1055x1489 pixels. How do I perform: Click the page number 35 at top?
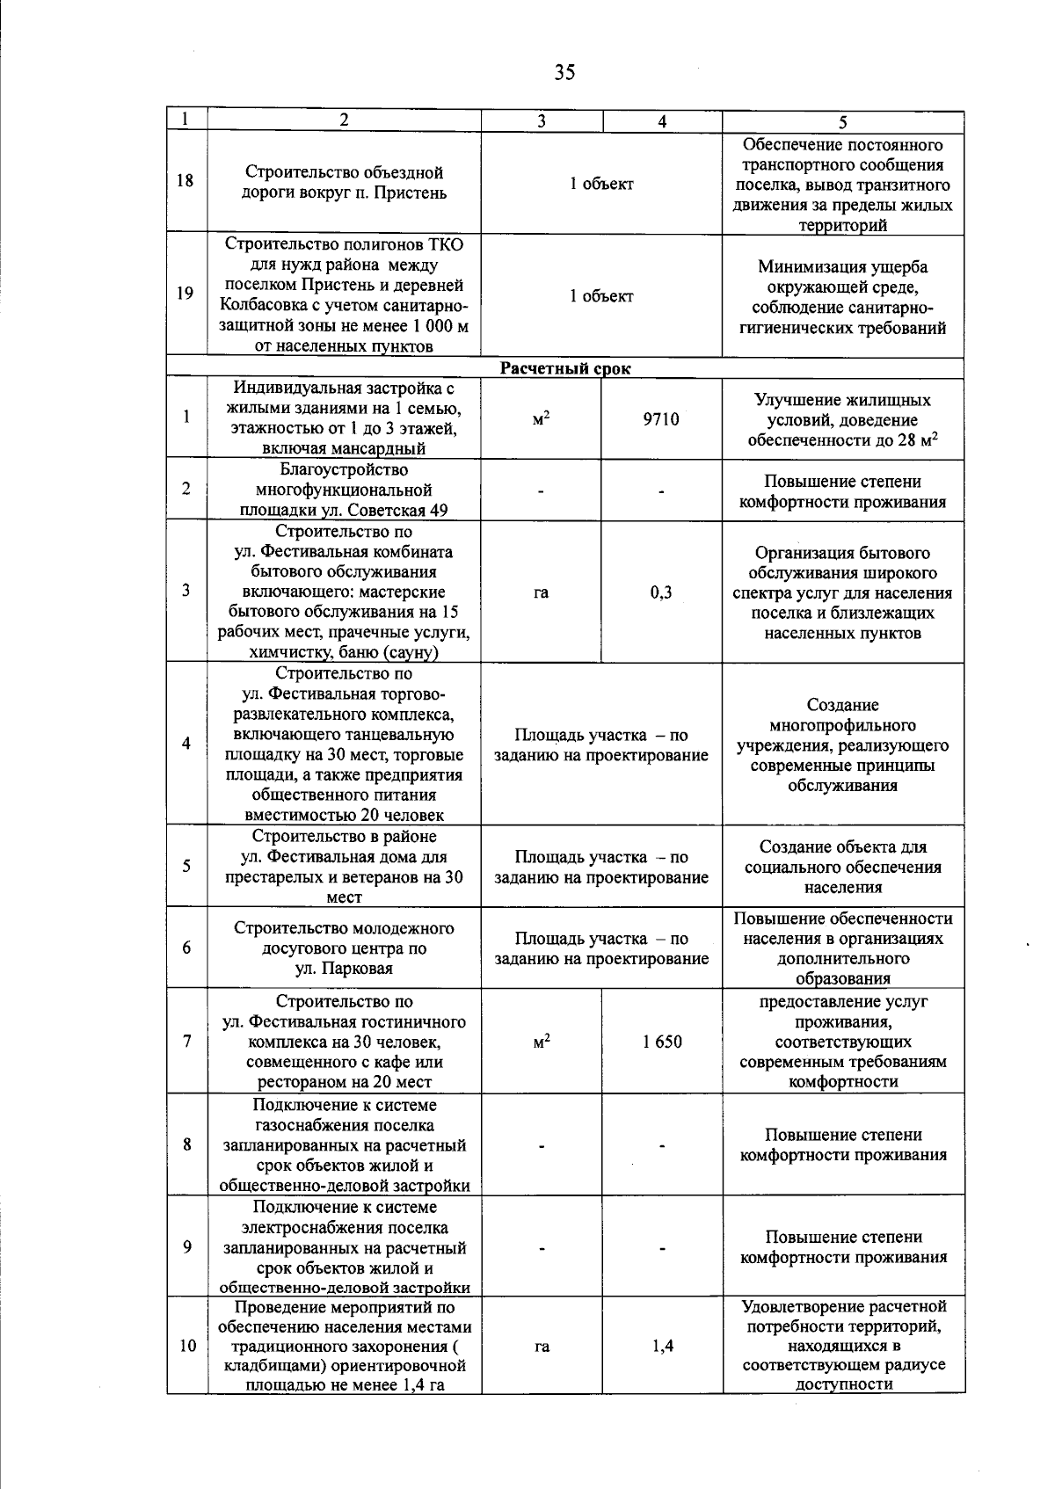(x=564, y=73)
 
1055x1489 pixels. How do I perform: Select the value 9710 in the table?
(x=661, y=419)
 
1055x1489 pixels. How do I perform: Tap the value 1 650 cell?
(x=661, y=1042)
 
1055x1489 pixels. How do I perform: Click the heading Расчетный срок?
(x=565, y=368)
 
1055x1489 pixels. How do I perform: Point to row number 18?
(x=186, y=182)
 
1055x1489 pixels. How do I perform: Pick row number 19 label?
(x=186, y=294)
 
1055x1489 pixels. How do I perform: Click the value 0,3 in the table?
(x=661, y=592)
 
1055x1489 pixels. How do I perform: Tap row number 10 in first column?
(x=187, y=1346)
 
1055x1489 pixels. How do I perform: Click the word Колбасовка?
(x=262, y=306)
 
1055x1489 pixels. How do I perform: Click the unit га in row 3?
(x=541, y=592)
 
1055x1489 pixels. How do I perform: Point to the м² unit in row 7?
(x=542, y=1042)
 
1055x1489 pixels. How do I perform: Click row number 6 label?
(x=186, y=948)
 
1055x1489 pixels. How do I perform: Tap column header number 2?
(x=344, y=121)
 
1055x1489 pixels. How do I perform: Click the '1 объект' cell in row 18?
(x=601, y=184)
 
